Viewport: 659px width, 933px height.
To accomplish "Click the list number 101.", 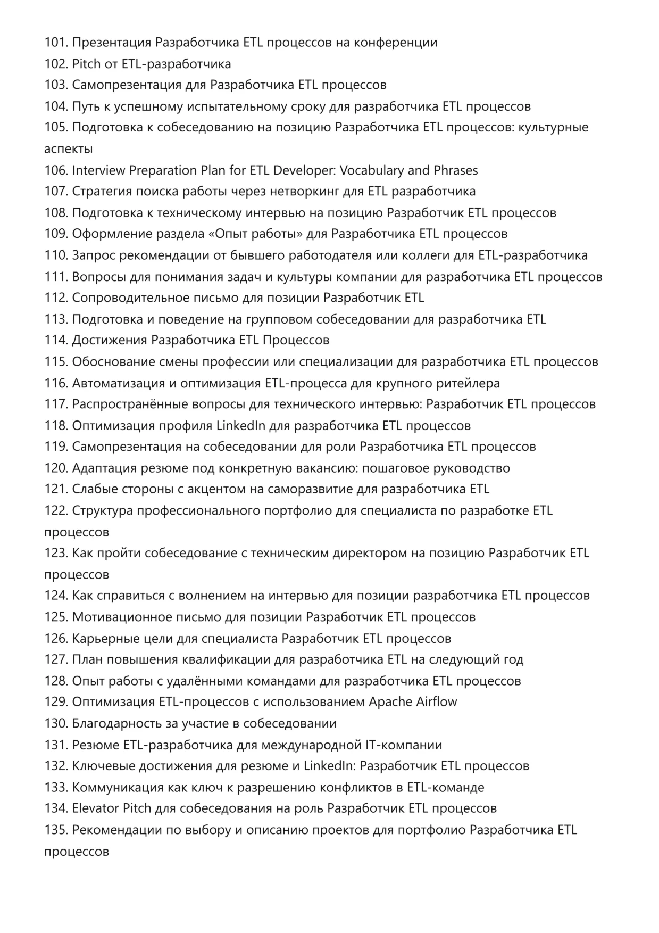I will (x=56, y=43).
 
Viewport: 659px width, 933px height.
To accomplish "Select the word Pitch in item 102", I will (x=86, y=64).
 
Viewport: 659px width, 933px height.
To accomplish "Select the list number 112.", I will (x=56, y=298).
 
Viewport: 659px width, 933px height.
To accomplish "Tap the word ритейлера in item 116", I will (x=468, y=383).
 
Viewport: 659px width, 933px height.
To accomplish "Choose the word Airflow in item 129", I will (x=436, y=702).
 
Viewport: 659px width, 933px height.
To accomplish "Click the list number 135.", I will (x=56, y=830).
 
